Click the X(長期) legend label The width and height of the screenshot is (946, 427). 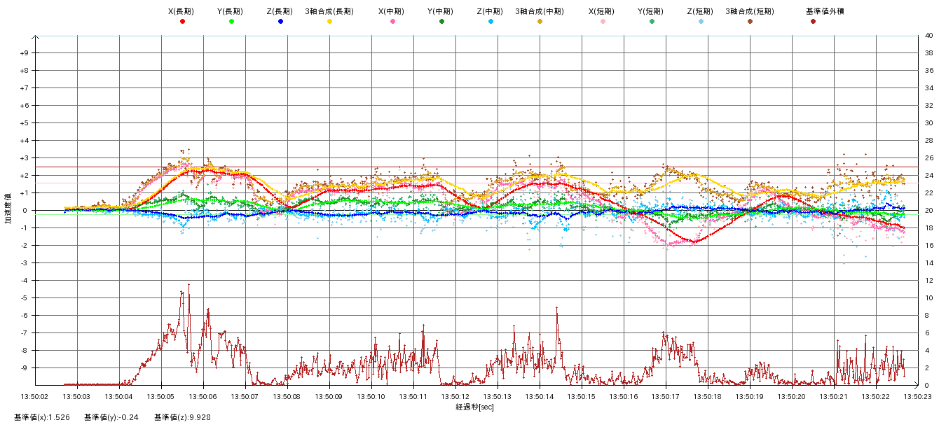pyautogui.click(x=182, y=11)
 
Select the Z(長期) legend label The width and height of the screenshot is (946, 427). pyautogui.click(x=280, y=11)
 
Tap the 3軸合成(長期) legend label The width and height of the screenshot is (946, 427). pyautogui.click(x=329, y=11)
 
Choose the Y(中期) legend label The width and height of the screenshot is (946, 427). pyautogui.click(x=441, y=11)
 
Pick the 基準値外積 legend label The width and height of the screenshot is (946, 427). pyautogui.click(x=813, y=11)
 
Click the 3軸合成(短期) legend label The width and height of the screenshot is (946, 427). pyautogui.click(x=750, y=11)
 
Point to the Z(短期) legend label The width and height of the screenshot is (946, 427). pyautogui.click(x=701, y=11)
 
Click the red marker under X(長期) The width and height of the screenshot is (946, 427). pyautogui.click(x=182, y=22)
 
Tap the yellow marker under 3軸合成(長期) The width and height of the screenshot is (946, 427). pyautogui.click(x=329, y=22)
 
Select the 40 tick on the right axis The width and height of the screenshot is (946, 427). pyautogui.click(x=928, y=36)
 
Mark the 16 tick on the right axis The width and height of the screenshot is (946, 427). pyautogui.click(x=928, y=246)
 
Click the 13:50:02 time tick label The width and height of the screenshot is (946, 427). pyautogui.click(x=35, y=396)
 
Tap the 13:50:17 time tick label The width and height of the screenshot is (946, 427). pyautogui.click(x=666, y=396)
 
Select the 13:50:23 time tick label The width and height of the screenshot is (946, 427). pyautogui.click(x=918, y=396)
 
